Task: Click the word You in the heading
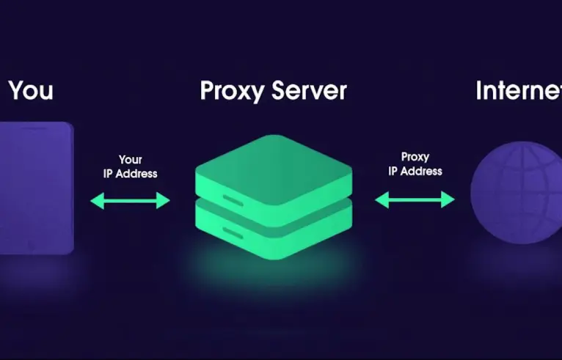[x=31, y=90]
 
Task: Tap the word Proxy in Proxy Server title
[x=229, y=91]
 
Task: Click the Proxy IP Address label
[x=415, y=164]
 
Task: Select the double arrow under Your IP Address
[x=130, y=199]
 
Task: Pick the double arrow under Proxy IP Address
[x=415, y=199]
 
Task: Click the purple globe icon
[x=516, y=194]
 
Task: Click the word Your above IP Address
[x=130, y=159]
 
